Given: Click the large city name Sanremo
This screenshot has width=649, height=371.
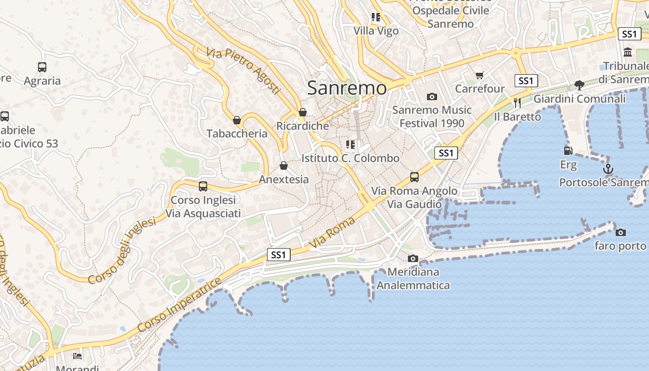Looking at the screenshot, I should click(347, 87).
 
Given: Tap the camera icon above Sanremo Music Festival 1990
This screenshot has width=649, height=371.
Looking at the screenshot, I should click(432, 96).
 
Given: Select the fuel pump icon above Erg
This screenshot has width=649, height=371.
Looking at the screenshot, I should click(568, 150).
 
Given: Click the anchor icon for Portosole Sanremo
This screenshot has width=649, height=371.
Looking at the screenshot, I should click(608, 169).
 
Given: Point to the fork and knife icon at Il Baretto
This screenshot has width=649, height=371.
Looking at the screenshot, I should click(517, 103).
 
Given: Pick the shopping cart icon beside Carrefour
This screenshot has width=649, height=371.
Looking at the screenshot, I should click(480, 75).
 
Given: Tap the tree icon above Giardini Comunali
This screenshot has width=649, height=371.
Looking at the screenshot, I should click(579, 85).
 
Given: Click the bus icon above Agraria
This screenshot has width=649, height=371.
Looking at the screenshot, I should click(42, 67).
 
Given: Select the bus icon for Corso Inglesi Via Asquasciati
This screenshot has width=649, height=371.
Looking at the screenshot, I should click(203, 186).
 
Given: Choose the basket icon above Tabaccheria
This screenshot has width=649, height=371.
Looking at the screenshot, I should click(237, 120).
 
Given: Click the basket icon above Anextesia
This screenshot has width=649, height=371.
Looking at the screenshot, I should click(284, 166).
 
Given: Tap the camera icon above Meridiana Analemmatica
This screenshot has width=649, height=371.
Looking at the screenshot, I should click(413, 258).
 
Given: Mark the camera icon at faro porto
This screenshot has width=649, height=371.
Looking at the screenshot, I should click(621, 232).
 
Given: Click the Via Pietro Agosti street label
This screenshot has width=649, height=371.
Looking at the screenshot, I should click(244, 71).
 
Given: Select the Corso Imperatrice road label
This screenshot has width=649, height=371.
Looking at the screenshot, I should click(179, 305).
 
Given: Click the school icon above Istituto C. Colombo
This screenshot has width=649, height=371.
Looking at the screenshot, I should click(350, 145).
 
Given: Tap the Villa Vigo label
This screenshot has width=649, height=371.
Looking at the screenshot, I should click(376, 31).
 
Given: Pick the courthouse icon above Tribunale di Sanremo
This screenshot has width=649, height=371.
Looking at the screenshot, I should click(628, 52).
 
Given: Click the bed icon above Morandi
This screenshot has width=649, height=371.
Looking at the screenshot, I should click(77, 356).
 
